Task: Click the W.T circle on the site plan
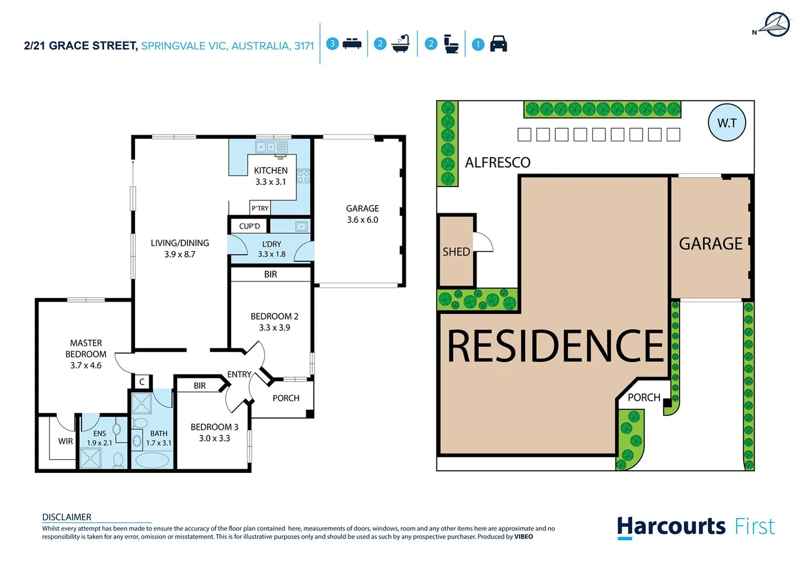(x=727, y=123)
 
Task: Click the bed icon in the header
(x=352, y=44)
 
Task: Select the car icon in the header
(x=498, y=44)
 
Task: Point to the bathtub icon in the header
(x=401, y=44)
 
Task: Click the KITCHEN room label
(x=270, y=170)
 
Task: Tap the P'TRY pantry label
(x=260, y=208)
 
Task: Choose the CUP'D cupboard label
(x=249, y=226)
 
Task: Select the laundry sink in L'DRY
(x=301, y=227)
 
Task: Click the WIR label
(x=65, y=441)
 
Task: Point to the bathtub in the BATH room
(x=153, y=460)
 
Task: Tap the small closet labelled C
(x=142, y=382)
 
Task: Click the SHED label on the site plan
(x=456, y=252)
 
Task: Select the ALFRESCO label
(x=497, y=163)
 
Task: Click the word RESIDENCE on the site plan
(x=555, y=346)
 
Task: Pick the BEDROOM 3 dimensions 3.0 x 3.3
(x=214, y=438)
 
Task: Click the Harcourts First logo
(x=695, y=527)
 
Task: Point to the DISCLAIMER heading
(x=67, y=517)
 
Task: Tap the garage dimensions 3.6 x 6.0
(x=362, y=220)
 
